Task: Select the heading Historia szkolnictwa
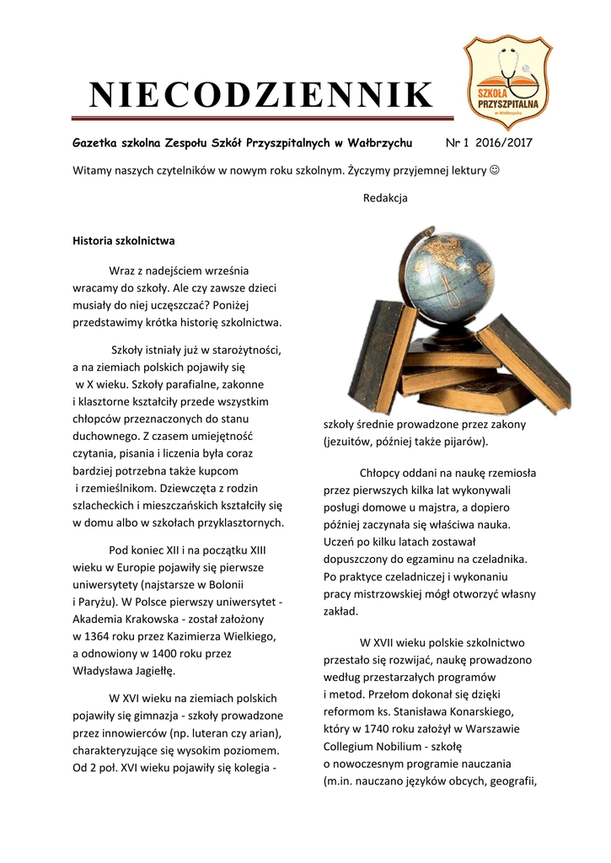coord(123,241)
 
